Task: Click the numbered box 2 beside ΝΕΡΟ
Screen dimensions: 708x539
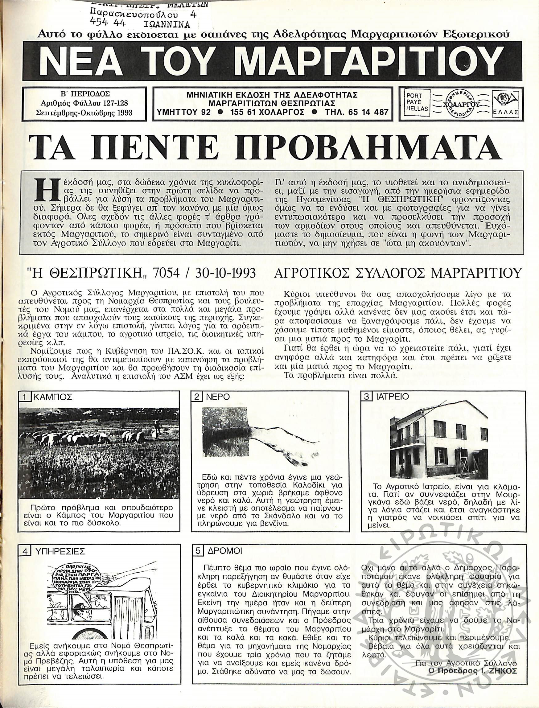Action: [196, 397]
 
